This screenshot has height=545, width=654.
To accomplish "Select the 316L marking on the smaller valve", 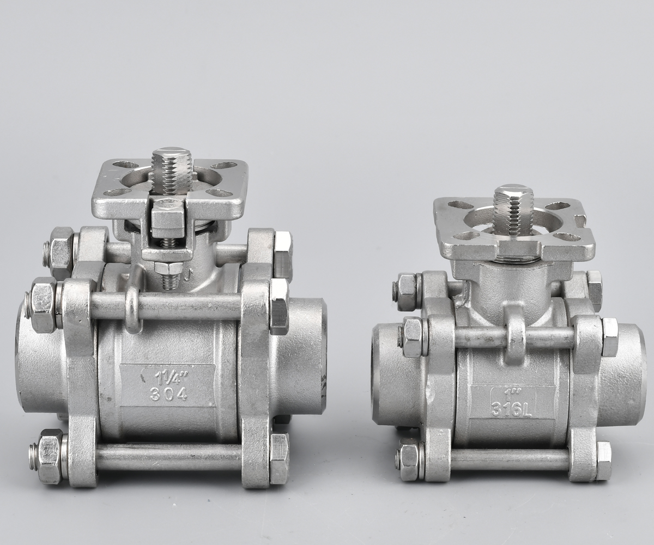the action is point(511,409).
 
